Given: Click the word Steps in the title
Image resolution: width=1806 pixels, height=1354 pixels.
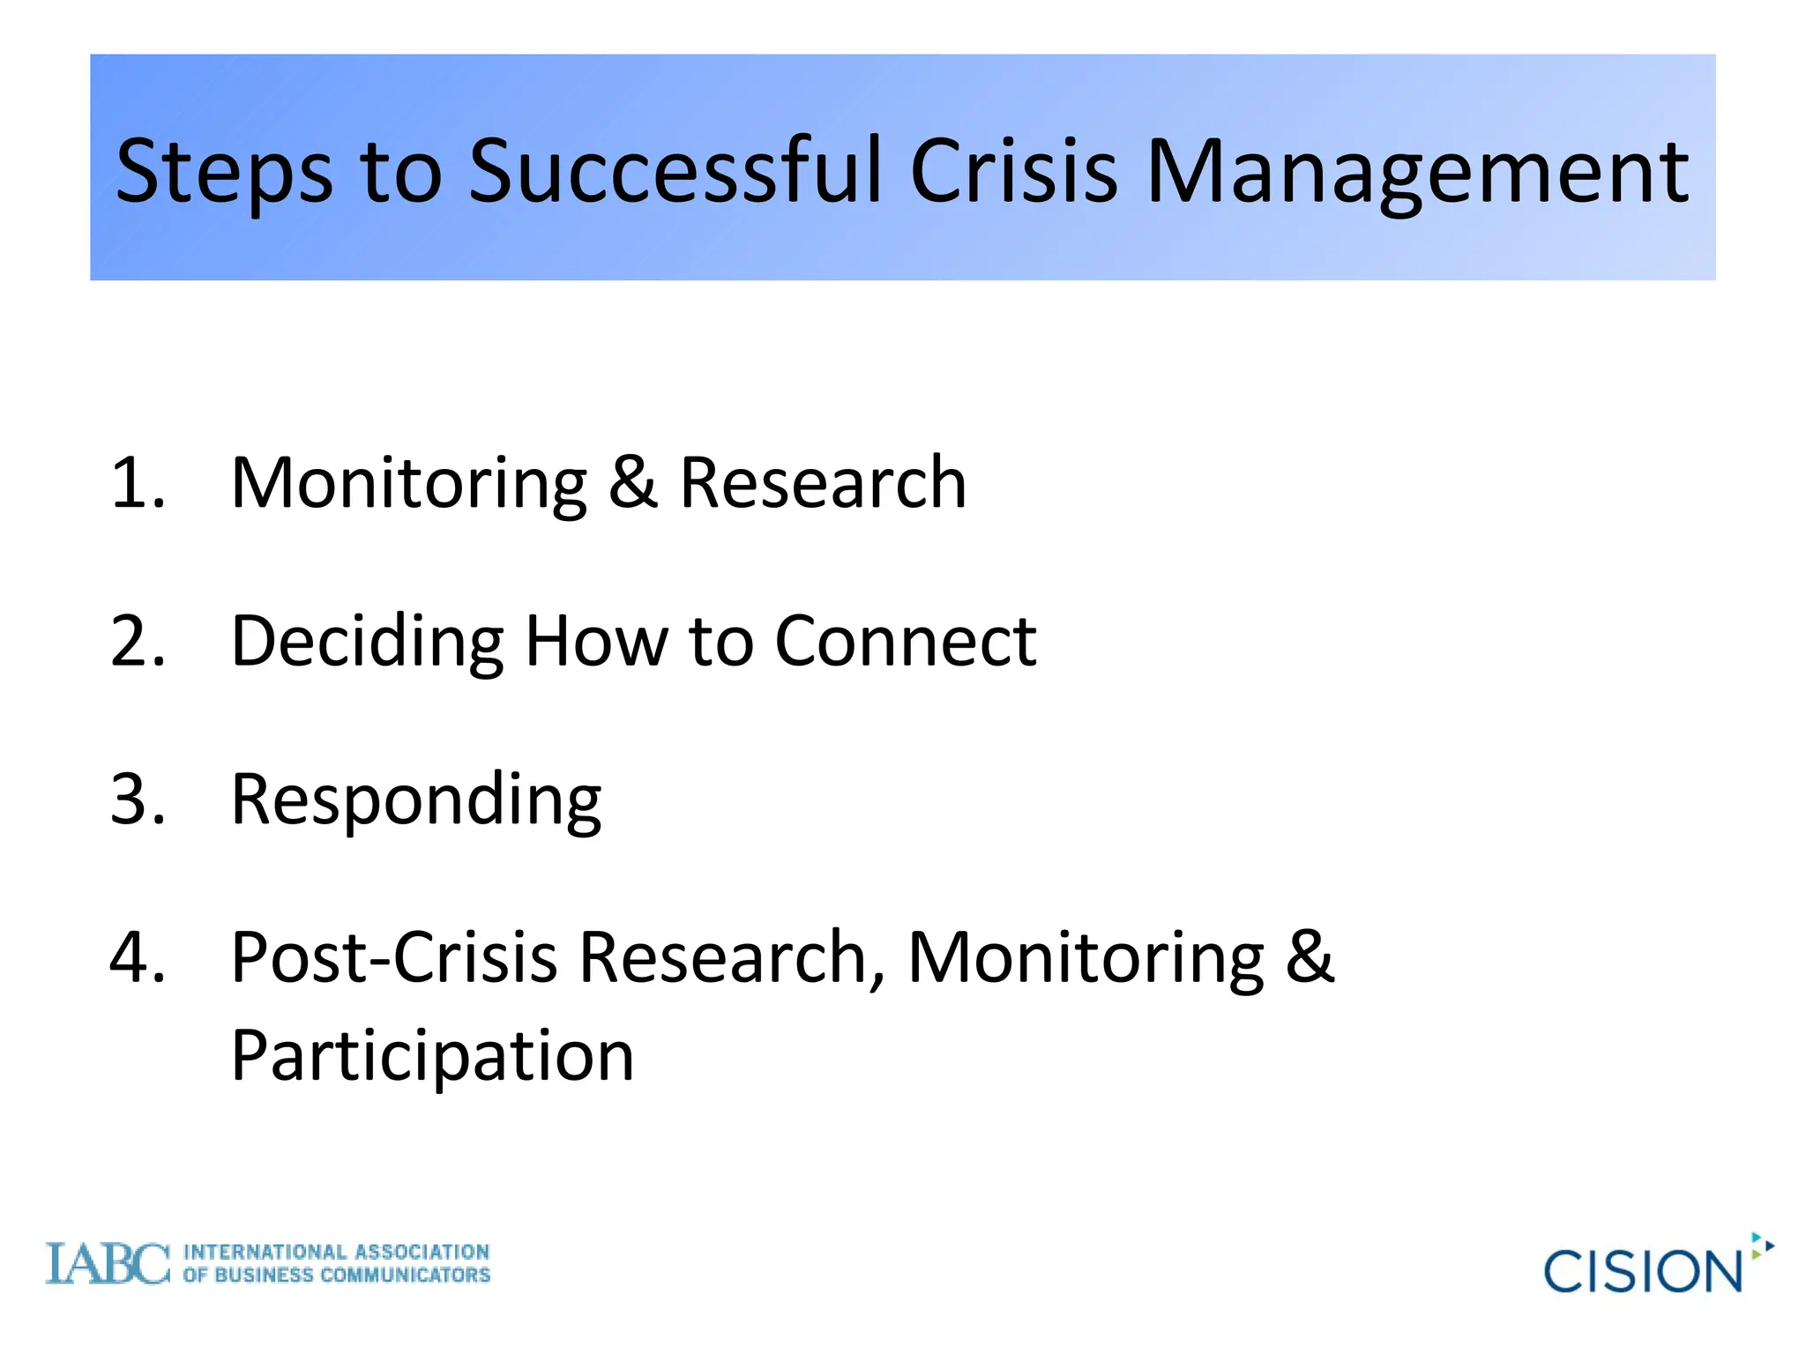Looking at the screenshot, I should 224,172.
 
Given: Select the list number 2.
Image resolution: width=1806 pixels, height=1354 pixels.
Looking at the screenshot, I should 137,641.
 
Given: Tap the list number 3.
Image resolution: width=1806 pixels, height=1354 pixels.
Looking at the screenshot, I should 137,799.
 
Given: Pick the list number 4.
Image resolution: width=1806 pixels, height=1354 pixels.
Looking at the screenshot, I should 137,957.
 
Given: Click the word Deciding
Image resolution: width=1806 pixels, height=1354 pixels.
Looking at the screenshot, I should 367,643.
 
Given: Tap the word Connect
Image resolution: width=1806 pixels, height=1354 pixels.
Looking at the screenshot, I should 905,641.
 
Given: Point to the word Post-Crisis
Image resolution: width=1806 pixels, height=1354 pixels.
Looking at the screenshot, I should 393,957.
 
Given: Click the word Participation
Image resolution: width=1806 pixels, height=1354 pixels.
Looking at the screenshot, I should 432,1057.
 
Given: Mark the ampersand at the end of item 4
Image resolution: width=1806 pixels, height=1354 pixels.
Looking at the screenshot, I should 1310,957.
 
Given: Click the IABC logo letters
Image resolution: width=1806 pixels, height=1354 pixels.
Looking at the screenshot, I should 107,1264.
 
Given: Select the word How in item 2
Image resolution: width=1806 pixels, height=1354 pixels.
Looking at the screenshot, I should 596,641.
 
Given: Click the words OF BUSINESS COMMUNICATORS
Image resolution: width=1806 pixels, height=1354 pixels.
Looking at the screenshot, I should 336,1276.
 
